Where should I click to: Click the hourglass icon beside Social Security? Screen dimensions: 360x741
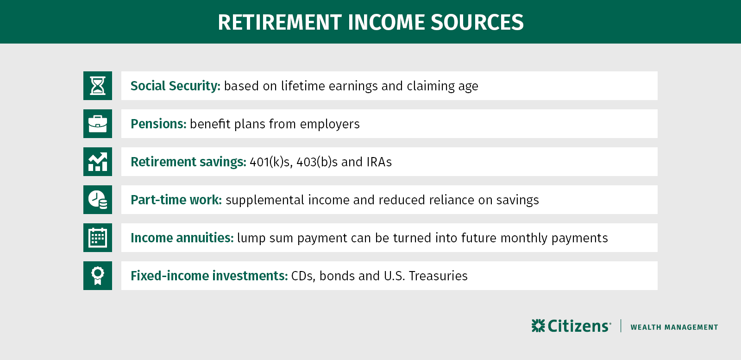(98, 86)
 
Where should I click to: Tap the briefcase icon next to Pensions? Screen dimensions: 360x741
(98, 124)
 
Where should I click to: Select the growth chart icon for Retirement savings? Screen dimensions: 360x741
(98, 162)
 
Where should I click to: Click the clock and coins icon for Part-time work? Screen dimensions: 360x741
(98, 200)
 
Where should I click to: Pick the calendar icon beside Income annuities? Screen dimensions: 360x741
(98, 238)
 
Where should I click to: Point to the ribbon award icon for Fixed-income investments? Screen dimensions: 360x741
(98, 276)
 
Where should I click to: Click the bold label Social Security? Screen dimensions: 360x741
(175, 86)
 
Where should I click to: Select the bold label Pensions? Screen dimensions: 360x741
(158, 124)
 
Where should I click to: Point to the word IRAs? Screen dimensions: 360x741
(379, 162)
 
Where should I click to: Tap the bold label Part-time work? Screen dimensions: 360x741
(176, 200)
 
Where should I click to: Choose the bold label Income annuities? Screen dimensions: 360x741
(182, 238)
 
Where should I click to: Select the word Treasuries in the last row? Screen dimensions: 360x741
(438, 276)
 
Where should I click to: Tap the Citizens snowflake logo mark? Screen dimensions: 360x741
(538, 326)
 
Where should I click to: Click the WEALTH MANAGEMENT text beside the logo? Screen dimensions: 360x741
(674, 327)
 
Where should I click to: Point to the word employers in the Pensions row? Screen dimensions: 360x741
(330, 124)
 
